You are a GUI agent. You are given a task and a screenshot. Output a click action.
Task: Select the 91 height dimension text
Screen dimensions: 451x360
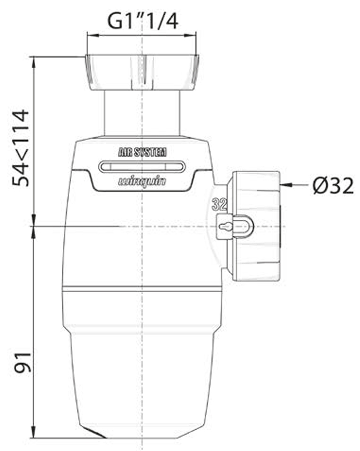click(x=22, y=362)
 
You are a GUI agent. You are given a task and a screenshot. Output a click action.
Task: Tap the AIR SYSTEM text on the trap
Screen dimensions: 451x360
click(x=142, y=153)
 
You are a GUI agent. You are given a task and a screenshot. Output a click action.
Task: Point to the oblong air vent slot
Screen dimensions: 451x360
click(x=142, y=167)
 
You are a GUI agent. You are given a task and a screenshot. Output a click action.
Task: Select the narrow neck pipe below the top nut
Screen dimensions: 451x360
click(x=142, y=113)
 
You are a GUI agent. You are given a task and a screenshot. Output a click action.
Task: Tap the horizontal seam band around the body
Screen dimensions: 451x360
click(x=142, y=289)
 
